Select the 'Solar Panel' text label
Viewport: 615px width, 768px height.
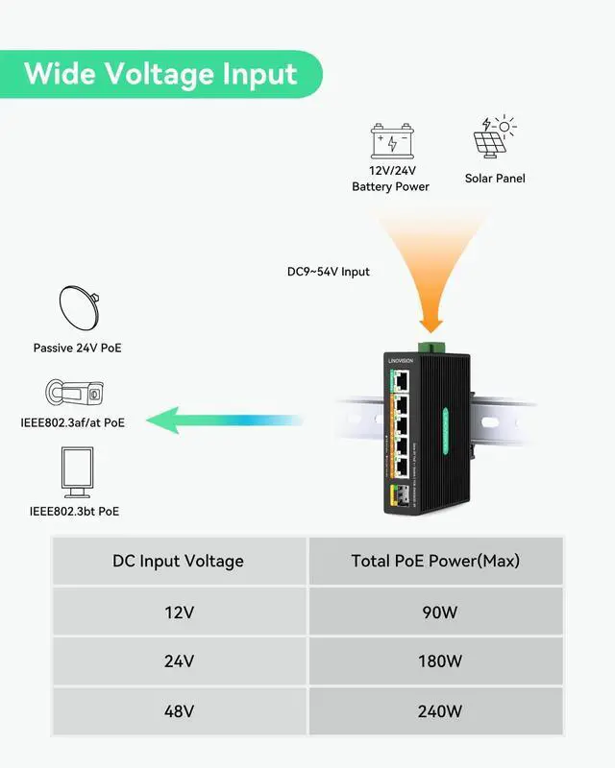click(495, 179)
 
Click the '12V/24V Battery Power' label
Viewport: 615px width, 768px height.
click(390, 179)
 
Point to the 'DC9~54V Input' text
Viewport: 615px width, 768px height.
click(329, 272)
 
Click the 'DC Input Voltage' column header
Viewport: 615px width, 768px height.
click(179, 561)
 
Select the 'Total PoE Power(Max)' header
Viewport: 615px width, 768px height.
click(435, 561)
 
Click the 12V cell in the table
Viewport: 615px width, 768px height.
click(179, 612)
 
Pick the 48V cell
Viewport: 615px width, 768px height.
click(179, 711)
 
